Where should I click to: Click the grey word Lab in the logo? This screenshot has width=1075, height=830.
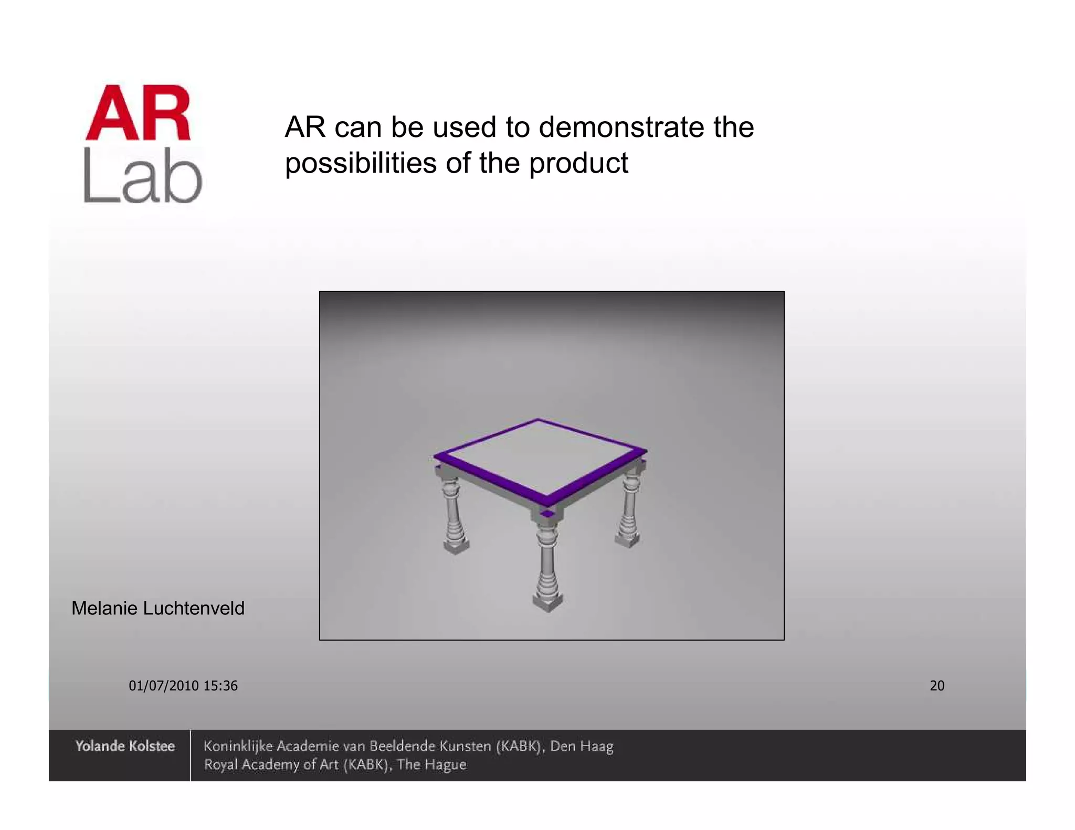142,176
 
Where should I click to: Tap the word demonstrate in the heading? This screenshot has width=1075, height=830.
621,127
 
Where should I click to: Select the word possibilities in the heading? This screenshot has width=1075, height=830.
361,163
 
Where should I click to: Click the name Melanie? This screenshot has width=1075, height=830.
104,609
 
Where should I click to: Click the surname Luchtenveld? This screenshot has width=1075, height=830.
194,609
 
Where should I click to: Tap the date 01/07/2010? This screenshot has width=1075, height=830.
164,686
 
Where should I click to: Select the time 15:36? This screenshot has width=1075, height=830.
220,686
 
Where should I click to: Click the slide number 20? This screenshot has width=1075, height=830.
937,686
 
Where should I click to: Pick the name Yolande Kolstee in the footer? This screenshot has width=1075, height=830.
125,746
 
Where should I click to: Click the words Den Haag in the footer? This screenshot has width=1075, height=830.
582,746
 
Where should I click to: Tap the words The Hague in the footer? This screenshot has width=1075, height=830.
431,765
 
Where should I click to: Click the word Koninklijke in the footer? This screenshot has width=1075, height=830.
238,746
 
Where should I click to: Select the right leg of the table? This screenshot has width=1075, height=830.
629,506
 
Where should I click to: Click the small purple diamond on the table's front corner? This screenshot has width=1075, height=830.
547,514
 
